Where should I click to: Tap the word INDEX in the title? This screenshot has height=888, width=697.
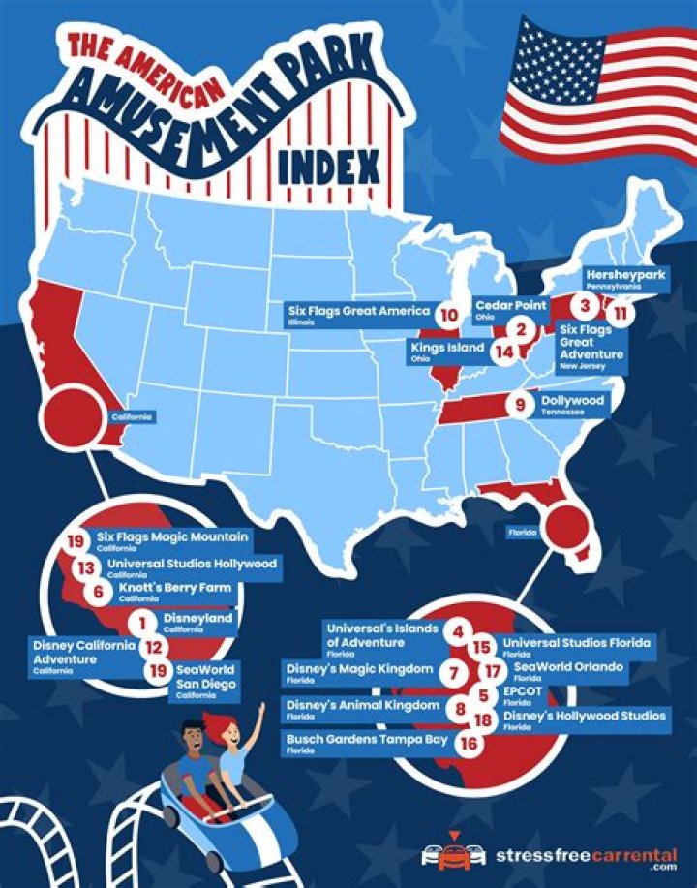[328, 167]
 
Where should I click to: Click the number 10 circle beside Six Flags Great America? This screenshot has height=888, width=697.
[446, 315]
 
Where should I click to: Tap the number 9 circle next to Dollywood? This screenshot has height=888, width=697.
[521, 405]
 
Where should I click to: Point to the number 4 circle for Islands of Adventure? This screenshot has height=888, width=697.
[457, 631]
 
